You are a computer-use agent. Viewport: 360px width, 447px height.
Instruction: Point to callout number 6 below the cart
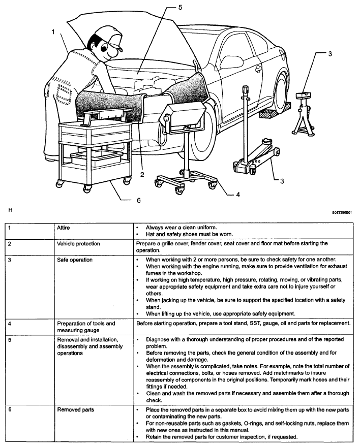point(137,200)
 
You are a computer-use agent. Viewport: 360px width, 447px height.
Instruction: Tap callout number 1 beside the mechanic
point(53,32)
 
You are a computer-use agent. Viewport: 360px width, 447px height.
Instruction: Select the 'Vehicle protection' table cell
point(78,244)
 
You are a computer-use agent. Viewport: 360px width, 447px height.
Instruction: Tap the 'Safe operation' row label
point(74,260)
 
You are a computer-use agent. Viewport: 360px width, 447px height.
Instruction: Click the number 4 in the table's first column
point(9,323)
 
